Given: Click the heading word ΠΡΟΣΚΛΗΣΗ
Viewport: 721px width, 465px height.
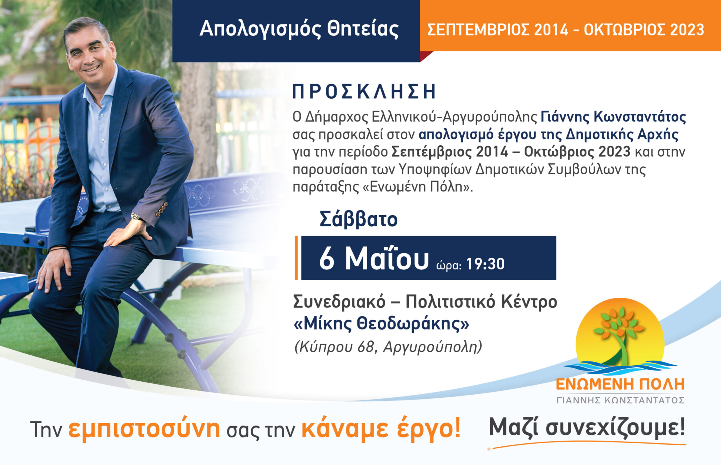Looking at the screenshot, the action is point(364,92).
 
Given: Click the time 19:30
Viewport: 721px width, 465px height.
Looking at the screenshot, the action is point(485,264).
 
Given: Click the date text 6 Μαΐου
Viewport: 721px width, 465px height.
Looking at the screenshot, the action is point(374,258).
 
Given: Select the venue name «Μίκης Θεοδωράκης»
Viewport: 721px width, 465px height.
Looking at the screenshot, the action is point(381,324).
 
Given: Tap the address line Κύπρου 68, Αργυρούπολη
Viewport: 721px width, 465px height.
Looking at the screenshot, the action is point(388,347).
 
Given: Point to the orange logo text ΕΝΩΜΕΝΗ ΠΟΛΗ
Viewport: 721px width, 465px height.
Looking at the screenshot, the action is point(620,384).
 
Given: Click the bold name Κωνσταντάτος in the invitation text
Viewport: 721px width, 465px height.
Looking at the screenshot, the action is point(640,117).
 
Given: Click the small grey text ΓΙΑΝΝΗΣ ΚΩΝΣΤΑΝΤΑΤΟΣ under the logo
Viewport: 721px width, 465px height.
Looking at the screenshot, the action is point(620,400).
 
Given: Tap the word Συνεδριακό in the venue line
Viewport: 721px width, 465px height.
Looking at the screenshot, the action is point(339,301).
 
